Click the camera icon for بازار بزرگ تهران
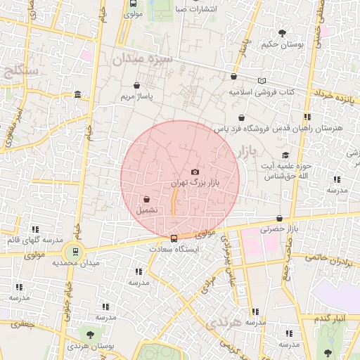195,172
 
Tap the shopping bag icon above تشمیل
146,199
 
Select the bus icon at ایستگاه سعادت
174,238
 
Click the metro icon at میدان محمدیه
75,251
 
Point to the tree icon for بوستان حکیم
282,32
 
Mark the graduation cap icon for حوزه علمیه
285,155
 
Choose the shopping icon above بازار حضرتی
280,218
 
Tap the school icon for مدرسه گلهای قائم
34,229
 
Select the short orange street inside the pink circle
174,201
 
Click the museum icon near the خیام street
77,95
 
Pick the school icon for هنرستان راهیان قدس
307,117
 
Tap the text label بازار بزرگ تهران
196,183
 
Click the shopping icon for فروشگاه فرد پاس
241,118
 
